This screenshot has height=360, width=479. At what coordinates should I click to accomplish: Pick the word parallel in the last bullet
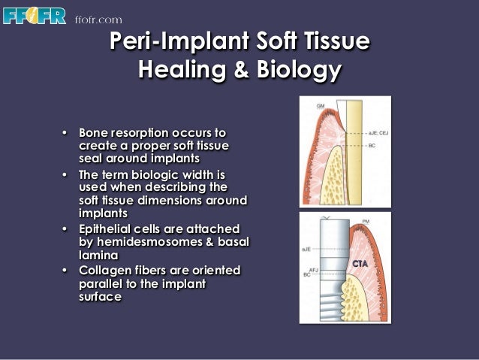click(103, 283)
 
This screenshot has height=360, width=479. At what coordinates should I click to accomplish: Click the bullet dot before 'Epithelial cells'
click(65, 228)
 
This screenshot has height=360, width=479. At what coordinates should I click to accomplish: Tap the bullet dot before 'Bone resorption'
click(65, 132)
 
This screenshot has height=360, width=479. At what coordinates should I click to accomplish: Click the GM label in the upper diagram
click(321, 107)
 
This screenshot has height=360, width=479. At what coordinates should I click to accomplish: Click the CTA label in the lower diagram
click(362, 264)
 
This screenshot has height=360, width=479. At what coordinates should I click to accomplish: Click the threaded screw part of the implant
click(330, 289)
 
